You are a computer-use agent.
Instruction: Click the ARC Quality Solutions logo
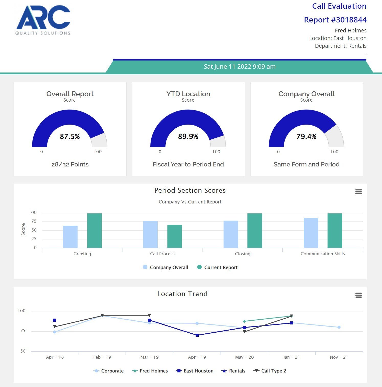click(43, 20)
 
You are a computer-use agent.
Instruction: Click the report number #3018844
click(335, 20)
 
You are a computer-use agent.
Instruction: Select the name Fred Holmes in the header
click(350, 31)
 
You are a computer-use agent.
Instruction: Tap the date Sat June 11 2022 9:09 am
click(239, 67)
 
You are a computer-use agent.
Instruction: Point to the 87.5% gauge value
click(70, 136)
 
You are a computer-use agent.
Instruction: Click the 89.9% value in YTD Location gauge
click(188, 136)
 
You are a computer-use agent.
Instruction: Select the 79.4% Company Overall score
click(306, 136)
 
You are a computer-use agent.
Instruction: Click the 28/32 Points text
click(70, 164)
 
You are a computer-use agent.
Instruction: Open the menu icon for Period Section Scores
click(358, 192)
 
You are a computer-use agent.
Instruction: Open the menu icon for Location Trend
click(358, 295)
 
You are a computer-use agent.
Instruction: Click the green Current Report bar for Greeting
click(94, 231)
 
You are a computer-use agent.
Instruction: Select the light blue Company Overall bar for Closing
click(231, 234)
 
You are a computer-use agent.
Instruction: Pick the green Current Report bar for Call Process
click(174, 236)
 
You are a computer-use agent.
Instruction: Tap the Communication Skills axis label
click(322, 254)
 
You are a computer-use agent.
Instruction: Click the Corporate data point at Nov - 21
click(339, 327)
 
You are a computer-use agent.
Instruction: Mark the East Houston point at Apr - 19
click(197, 335)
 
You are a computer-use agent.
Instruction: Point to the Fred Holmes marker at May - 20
click(244, 321)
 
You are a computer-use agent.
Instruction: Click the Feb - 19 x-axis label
click(102, 357)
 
